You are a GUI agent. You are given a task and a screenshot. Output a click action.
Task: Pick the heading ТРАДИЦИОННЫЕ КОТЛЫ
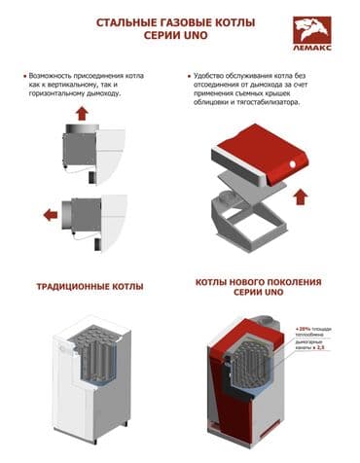click(90, 287)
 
